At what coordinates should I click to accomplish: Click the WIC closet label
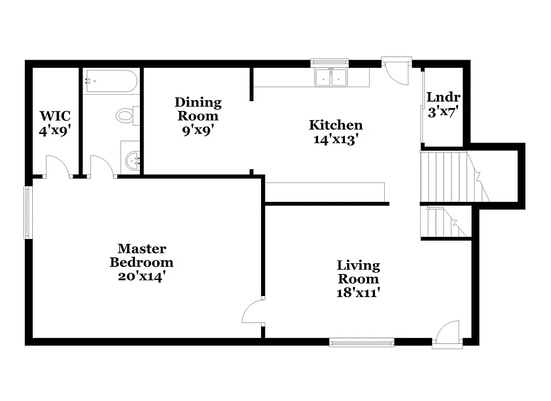[x=54, y=116]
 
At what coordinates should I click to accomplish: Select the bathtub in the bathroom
[x=111, y=81]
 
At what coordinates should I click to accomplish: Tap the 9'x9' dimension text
[x=197, y=130]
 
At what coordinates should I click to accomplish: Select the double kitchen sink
[x=330, y=78]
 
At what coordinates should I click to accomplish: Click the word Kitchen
[x=335, y=125]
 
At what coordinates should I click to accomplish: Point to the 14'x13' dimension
[x=335, y=139]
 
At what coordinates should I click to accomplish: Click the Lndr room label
[x=443, y=97]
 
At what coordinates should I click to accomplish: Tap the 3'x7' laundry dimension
[x=443, y=112]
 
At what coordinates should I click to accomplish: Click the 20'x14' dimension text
[x=142, y=277]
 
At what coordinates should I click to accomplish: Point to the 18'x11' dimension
[x=358, y=293]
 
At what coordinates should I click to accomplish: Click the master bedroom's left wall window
[x=27, y=212]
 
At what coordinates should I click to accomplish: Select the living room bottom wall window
[x=362, y=342]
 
